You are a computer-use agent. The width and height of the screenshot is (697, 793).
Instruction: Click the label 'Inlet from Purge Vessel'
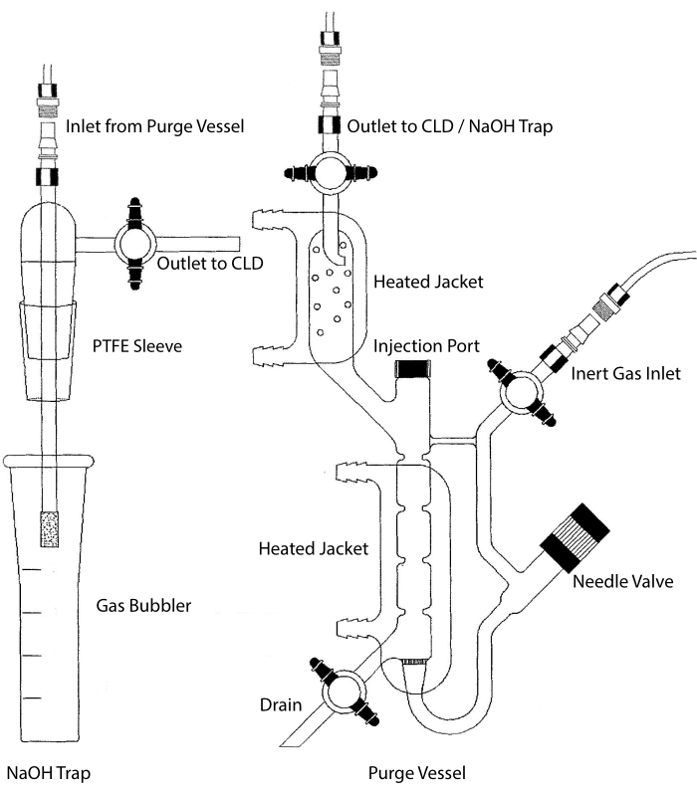[155, 126]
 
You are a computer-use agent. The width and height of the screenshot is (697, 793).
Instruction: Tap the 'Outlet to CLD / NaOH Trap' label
[449, 126]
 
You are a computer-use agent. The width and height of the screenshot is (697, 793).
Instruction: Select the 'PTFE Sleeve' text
[137, 346]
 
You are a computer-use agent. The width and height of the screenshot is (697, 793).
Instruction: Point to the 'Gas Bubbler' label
[143, 605]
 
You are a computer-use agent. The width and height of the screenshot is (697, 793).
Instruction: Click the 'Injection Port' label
[426, 346]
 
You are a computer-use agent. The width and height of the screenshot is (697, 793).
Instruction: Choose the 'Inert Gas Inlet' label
[625, 373]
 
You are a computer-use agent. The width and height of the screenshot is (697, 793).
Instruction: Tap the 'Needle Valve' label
[623, 581]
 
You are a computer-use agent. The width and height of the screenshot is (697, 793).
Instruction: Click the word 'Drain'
[281, 704]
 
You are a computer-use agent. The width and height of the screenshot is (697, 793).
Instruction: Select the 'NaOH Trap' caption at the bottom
[49, 773]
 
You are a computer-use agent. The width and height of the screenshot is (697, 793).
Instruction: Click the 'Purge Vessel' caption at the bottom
[416, 773]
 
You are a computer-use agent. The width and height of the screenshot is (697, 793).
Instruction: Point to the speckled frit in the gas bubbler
[50, 529]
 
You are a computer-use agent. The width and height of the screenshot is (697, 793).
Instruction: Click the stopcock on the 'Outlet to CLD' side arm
[135, 243]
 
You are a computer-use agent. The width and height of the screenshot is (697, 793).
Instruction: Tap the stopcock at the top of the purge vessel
[330, 172]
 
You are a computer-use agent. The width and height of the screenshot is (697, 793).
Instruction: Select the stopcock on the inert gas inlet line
[522, 392]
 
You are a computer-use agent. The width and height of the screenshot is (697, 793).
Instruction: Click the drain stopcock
[345, 692]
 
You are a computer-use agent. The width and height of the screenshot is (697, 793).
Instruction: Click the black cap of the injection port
[413, 369]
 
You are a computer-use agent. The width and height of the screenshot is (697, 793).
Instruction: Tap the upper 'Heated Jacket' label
[428, 282]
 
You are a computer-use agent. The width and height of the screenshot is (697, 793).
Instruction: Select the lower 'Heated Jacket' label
[314, 548]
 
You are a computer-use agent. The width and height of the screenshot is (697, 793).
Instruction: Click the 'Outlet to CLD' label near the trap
[210, 263]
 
